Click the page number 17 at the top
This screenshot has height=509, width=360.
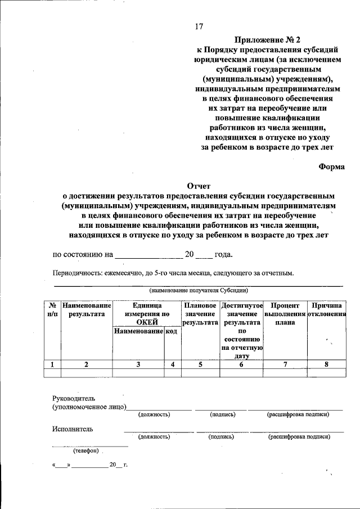point(199,26)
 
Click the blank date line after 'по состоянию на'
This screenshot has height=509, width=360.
point(148,255)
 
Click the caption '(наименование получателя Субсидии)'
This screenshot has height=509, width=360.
point(198,291)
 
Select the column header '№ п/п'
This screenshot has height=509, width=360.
point(52,310)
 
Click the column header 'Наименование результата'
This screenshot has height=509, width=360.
point(87,310)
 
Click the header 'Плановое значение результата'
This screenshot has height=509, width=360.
point(200,314)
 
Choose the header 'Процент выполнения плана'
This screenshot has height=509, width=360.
point(285,314)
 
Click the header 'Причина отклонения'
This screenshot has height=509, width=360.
point(326,310)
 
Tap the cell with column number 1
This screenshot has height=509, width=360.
point(52,364)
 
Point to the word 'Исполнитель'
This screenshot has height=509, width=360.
point(73,429)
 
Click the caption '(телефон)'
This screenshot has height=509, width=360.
point(85,451)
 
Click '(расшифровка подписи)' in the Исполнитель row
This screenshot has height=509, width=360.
point(299,436)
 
